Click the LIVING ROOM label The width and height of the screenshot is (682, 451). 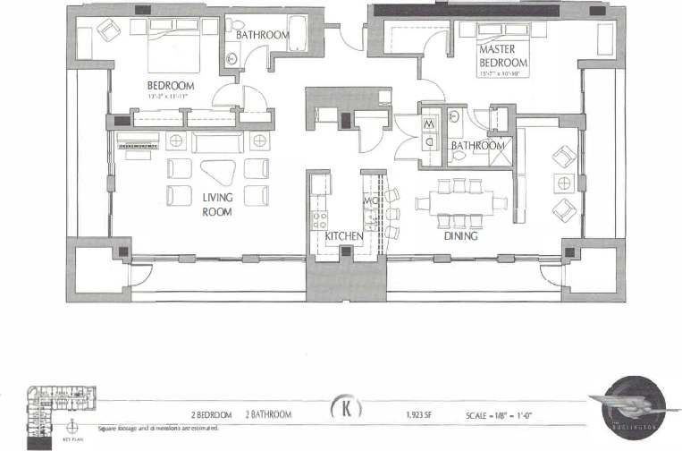pyautogui.click(x=216, y=205)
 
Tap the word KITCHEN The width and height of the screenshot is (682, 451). pyautogui.click(x=343, y=235)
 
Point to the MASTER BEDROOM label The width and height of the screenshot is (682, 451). pyautogui.click(x=502, y=55)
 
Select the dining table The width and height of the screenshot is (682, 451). pyautogui.click(x=459, y=203)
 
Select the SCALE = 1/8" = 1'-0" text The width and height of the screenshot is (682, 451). pyautogui.click(x=500, y=415)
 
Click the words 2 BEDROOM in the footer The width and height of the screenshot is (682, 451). pyautogui.click(x=212, y=415)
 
